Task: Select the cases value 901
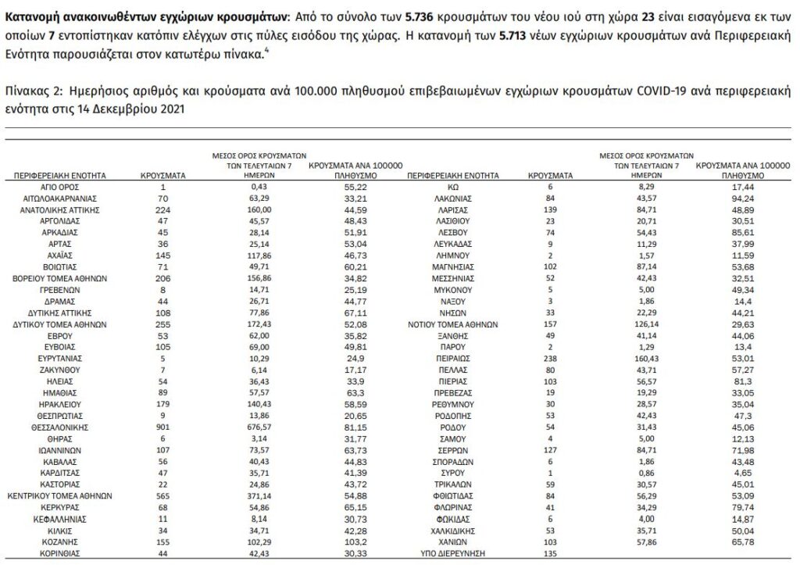tap(162, 427)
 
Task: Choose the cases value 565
tap(162, 495)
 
